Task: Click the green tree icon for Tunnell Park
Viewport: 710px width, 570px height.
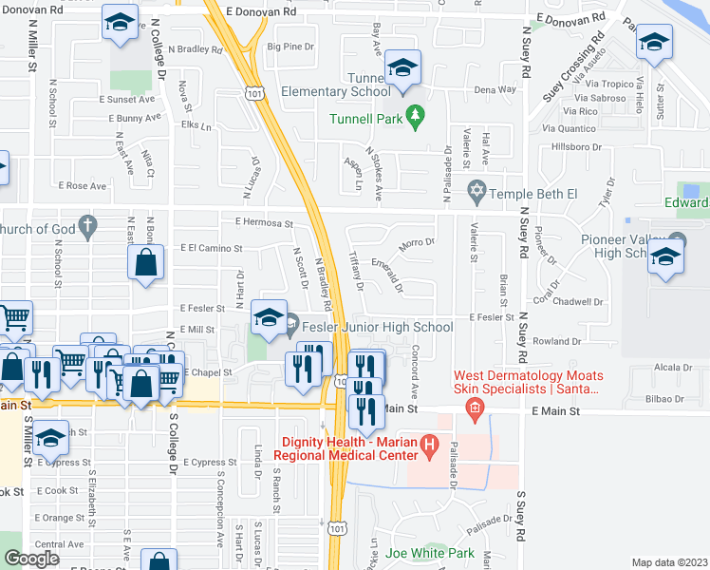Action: click(x=414, y=117)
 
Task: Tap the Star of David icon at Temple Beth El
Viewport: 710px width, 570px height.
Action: click(x=476, y=191)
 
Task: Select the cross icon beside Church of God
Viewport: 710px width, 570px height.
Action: click(x=87, y=226)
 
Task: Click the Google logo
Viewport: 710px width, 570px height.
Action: click(x=30, y=559)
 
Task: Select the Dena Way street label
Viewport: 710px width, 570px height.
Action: click(x=495, y=89)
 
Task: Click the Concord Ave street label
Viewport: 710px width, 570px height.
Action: click(x=414, y=378)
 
